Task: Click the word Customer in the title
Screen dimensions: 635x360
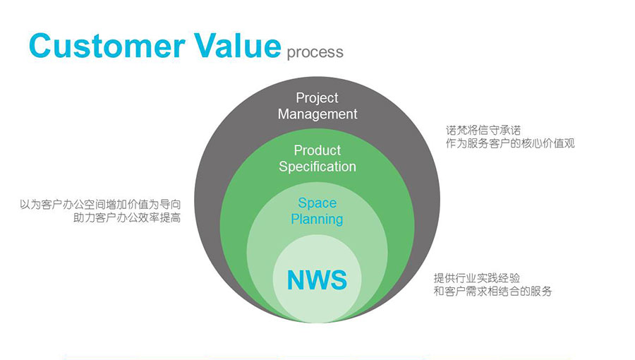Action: [107, 45]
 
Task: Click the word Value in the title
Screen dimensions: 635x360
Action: [237, 45]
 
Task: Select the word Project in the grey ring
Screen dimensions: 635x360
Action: [317, 98]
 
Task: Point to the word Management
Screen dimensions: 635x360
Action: [317, 114]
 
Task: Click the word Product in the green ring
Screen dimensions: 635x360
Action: [317, 150]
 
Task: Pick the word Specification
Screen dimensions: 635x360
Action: [317, 167]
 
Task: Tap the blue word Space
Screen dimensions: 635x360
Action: [317, 203]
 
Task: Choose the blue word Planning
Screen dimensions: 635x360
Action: [317, 220]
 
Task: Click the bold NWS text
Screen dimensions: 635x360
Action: [317, 280]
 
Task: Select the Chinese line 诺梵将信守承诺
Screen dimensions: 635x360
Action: [483, 130]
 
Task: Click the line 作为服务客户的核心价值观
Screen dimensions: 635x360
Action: [510, 143]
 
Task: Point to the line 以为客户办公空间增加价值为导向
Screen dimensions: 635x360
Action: [100, 204]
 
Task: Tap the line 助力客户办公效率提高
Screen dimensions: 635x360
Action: [127, 217]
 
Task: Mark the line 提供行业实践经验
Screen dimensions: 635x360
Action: [477, 278]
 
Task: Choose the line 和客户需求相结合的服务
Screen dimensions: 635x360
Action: [492, 291]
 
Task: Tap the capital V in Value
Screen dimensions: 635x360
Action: [206, 45]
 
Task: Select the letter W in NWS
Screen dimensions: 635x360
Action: [317, 280]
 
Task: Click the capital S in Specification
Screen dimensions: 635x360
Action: [283, 167]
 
